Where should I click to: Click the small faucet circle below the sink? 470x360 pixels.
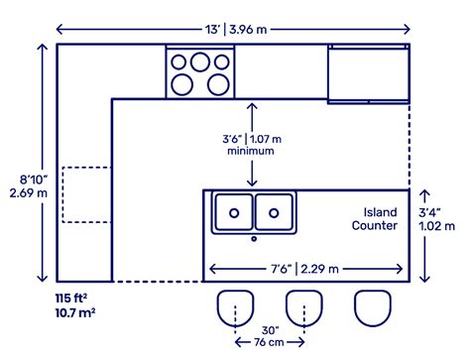pyautogui.click(x=254, y=238)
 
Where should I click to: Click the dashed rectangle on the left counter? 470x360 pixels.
pyautogui.click(x=85, y=196)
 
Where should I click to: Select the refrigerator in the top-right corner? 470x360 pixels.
pyautogui.click(x=368, y=72)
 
